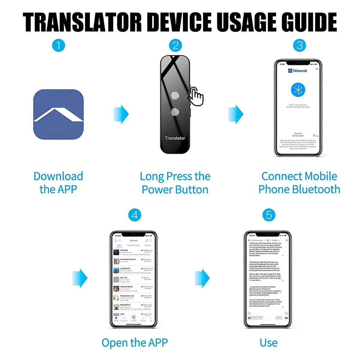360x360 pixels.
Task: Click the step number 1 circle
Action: (x=58, y=46)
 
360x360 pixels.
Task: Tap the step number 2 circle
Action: (x=175, y=46)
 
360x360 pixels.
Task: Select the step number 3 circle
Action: (x=299, y=46)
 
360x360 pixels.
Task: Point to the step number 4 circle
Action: (x=135, y=215)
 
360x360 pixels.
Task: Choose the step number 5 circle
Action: (x=268, y=215)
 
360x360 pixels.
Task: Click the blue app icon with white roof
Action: (x=58, y=114)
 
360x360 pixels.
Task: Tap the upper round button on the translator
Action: (x=175, y=95)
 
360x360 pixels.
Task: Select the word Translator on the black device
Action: (x=175, y=138)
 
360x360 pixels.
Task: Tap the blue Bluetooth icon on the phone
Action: (x=298, y=90)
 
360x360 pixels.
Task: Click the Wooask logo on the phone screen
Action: (x=298, y=71)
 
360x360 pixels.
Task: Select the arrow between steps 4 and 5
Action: (x=202, y=278)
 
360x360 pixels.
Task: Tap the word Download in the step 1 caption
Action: (x=58, y=176)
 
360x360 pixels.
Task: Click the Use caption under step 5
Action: (x=268, y=343)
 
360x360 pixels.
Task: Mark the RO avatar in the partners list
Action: (x=116, y=261)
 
